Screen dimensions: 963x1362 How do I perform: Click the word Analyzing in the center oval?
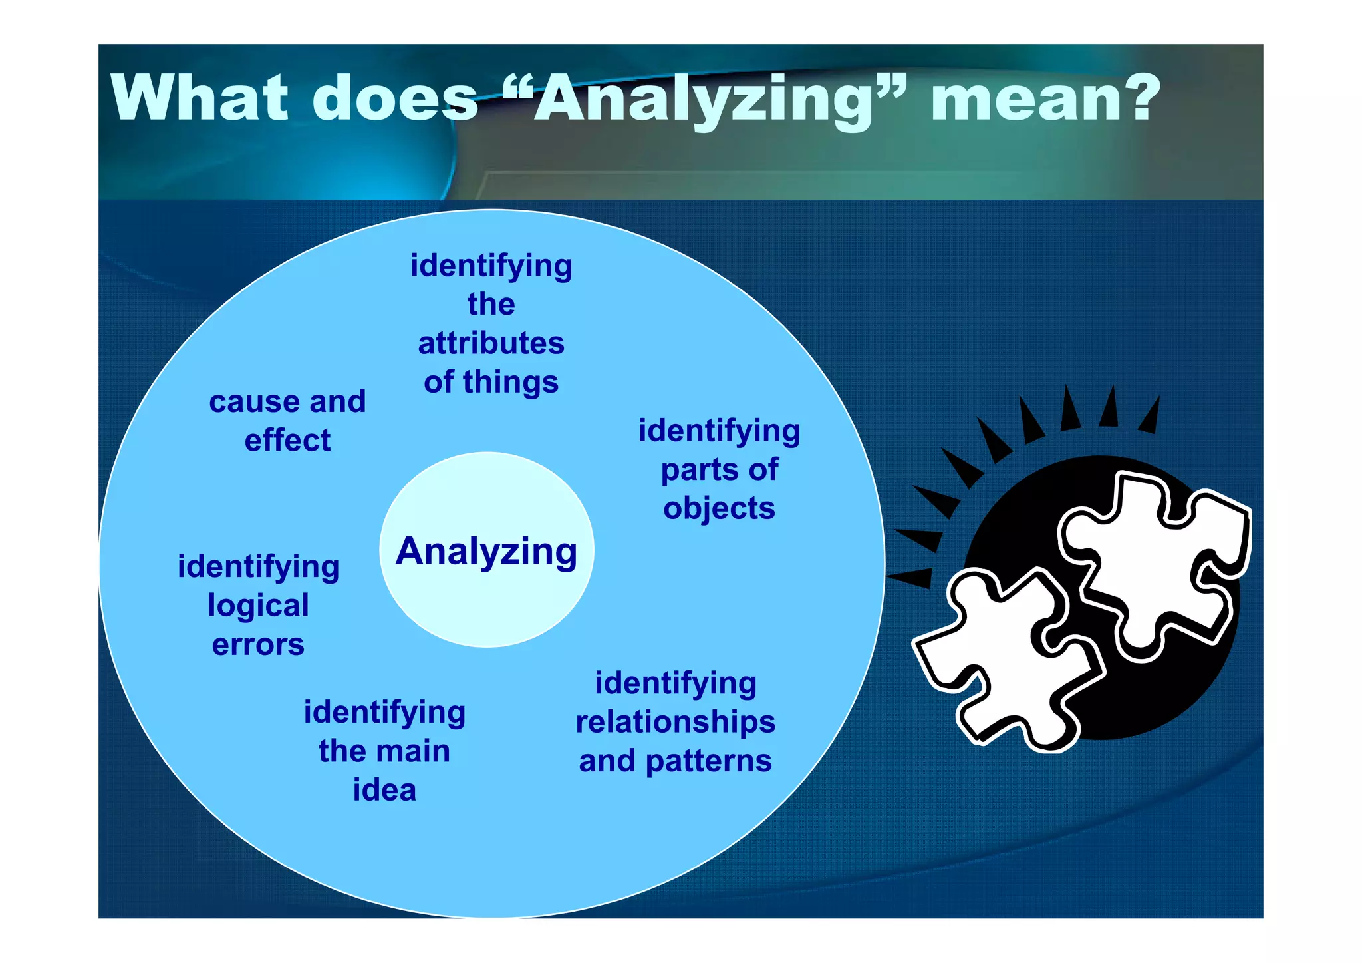(486, 552)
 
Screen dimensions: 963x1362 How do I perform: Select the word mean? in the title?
(1045, 98)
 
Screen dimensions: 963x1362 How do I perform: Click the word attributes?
(491, 343)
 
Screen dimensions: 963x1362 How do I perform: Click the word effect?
(287, 441)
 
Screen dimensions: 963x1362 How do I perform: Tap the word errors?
(258, 645)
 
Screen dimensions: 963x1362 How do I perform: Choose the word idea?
(384, 790)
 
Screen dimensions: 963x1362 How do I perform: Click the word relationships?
(675, 722)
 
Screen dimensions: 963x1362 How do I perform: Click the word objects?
(719, 509)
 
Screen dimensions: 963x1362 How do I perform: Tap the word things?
(511, 383)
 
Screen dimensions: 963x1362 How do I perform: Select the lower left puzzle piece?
(1004, 659)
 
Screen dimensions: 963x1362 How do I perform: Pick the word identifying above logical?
(258, 567)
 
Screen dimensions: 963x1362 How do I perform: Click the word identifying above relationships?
(675, 683)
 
